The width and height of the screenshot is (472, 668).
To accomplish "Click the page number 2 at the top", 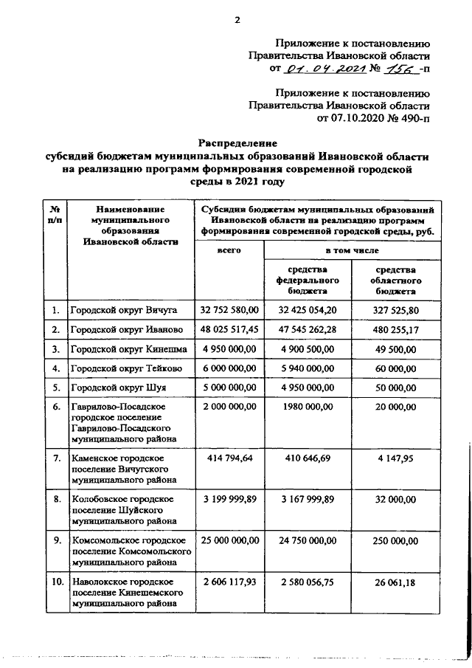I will [x=237, y=20].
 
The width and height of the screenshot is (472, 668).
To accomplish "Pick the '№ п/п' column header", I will [x=54, y=215].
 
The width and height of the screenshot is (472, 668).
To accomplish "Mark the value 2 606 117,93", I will [x=229, y=582].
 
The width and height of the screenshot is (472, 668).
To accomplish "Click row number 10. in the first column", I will [x=54, y=582].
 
